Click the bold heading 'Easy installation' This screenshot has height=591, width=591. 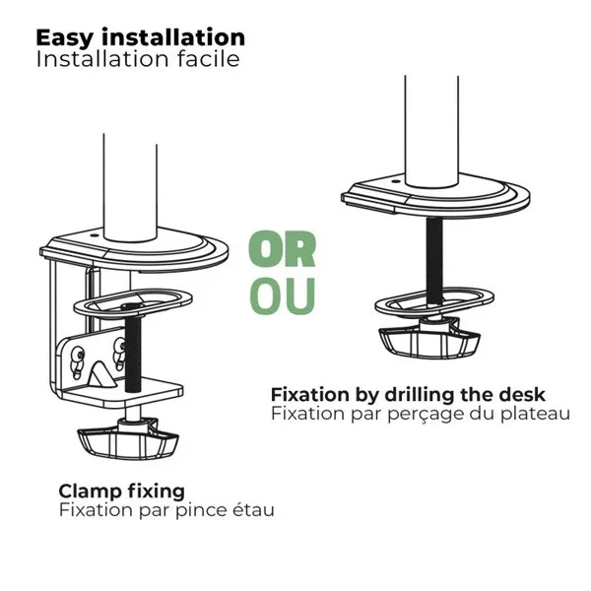[140, 38]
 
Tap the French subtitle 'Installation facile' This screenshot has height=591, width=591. [138, 59]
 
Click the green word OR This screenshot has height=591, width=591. [282, 249]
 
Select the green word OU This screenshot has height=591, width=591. [282, 296]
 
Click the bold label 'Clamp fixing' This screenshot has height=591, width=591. [122, 492]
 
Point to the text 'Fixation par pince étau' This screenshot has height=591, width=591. [166, 510]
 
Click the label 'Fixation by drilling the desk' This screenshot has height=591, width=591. [408, 395]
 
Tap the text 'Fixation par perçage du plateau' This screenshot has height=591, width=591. [421, 414]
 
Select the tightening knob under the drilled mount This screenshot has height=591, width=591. [429, 338]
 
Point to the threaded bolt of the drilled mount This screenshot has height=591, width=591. [434, 260]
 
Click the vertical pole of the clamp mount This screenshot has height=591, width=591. [130, 187]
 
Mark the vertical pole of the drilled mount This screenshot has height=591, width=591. [432, 131]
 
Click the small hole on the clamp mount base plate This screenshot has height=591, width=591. [94, 236]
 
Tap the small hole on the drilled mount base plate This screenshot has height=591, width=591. [395, 181]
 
